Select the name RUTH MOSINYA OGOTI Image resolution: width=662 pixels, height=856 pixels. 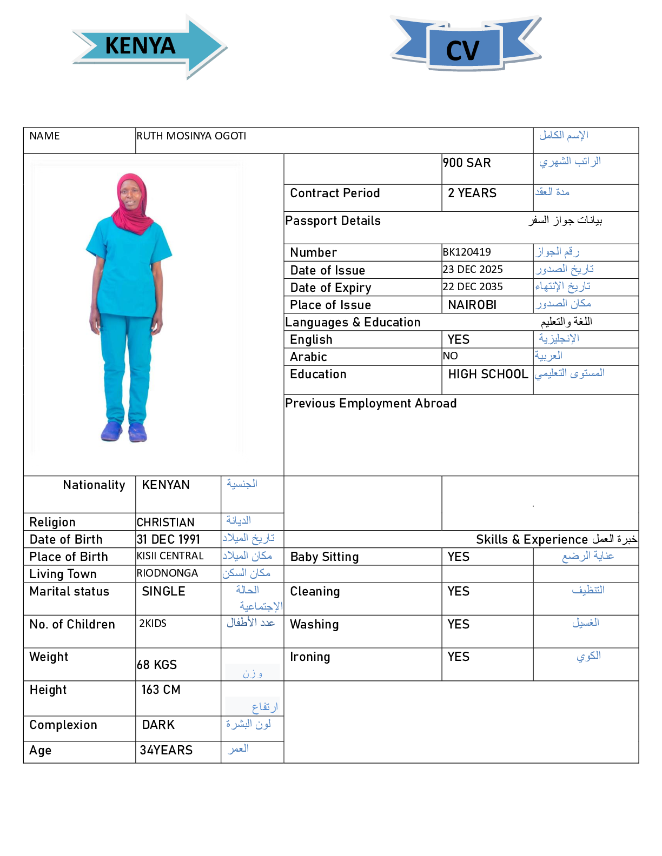[191, 136]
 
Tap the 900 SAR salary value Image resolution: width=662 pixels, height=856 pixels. [467, 163]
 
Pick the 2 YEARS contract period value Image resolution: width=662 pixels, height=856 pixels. [472, 193]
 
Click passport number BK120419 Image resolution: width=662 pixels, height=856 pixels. [467, 252]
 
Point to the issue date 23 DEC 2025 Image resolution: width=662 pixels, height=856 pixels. [473, 270]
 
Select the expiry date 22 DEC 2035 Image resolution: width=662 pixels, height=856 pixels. [473, 287]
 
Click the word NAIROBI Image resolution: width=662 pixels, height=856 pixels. [472, 305]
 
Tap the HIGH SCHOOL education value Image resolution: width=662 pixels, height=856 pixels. [488, 374]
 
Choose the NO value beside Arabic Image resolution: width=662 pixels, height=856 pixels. [450, 356]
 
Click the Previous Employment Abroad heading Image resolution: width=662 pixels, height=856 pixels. [371, 404]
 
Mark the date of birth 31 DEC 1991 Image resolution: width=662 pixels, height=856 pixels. [168, 540]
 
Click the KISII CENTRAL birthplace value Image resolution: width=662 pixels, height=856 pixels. [170, 556]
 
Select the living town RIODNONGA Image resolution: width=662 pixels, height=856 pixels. [167, 573]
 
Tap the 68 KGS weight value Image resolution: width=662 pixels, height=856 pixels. [157, 665]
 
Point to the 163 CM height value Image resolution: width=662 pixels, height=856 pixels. [161, 690]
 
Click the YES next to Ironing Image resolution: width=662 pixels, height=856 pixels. [458, 657]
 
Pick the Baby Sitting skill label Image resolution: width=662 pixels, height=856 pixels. [325, 557]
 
